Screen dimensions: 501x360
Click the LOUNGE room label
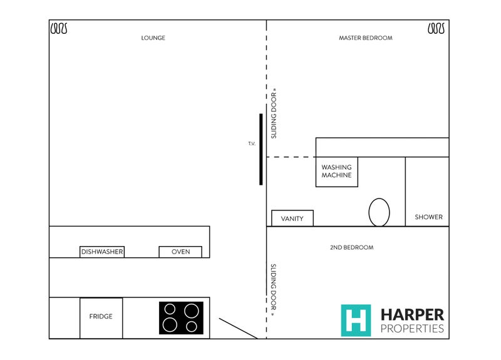[153, 38]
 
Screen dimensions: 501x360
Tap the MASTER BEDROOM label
[366, 38]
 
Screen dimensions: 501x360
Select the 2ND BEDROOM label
[351, 247]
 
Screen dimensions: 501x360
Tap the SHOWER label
[428, 217]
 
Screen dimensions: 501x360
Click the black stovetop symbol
[181, 318]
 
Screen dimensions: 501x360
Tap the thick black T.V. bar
[261, 149]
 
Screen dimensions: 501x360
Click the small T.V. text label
[252, 144]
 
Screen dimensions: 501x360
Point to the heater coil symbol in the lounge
[59, 28]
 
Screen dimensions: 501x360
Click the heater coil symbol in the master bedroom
[436, 28]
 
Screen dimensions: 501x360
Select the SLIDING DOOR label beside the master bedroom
[274, 113]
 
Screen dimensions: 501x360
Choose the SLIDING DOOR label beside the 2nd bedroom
[274, 290]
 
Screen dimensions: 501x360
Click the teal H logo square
[356, 321]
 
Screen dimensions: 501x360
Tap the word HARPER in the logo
[412, 315]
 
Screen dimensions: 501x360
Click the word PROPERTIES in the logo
[412, 328]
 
